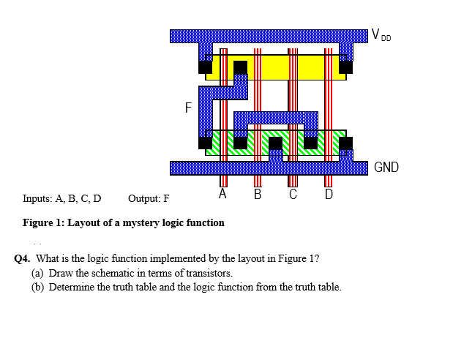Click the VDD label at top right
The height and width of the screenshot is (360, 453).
[x=381, y=34]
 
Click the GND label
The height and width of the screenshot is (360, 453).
[x=386, y=168]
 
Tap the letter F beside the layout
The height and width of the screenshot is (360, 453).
[x=188, y=108]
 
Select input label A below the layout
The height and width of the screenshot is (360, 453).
[x=223, y=195]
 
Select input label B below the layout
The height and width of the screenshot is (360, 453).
[x=258, y=195]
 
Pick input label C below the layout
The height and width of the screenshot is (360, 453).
[x=293, y=195]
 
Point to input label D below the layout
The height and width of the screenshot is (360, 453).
[x=328, y=195]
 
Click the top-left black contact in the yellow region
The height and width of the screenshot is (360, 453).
[x=205, y=67]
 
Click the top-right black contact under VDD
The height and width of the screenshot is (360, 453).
[x=345, y=67]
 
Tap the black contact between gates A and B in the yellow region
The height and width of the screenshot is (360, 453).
[x=240, y=67]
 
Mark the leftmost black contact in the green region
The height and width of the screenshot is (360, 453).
[x=205, y=143]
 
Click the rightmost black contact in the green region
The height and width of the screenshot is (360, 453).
[x=345, y=143]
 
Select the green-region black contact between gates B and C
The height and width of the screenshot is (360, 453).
[x=275, y=143]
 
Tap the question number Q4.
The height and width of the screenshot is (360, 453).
[x=22, y=258]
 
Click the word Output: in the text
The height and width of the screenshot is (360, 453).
[x=142, y=198]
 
